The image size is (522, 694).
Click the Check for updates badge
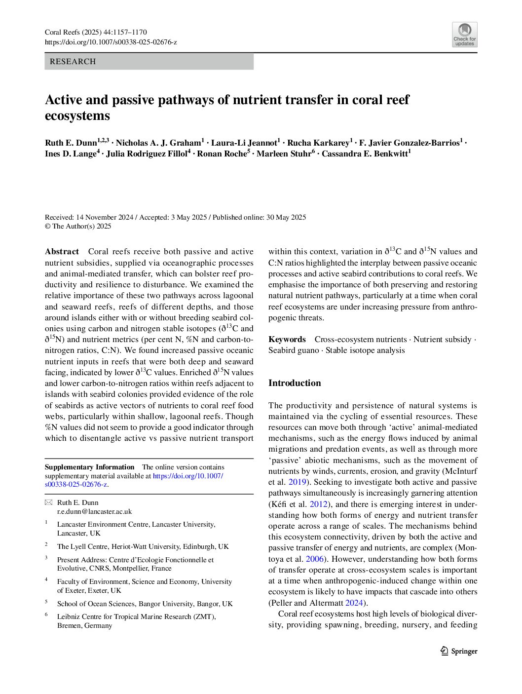click(x=464, y=35)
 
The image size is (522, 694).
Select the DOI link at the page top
click(x=111, y=42)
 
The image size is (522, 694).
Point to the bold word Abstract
click(x=62, y=252)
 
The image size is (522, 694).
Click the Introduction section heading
click(x=295, y=383)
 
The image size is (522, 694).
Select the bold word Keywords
click(x=287, y=340)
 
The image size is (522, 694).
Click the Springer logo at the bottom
click(x=459, y=651)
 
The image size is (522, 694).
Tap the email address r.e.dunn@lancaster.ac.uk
click(x=94, y=512)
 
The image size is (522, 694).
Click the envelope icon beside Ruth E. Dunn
click(x=48, y=503)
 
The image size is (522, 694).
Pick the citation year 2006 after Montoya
click(x=314, y=559)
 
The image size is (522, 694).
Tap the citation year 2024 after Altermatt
click(x=354, y=603)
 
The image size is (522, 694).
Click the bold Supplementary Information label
click(x=89, y=467)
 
